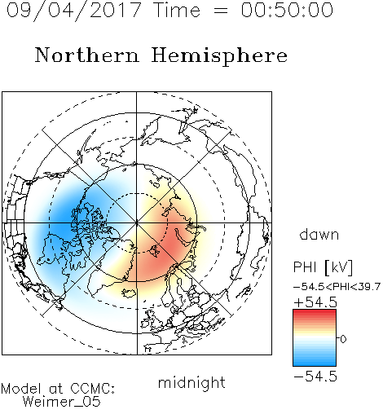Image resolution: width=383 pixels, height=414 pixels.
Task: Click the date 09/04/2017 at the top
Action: (74, 11)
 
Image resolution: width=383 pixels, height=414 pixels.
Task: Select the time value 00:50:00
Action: (287, 10)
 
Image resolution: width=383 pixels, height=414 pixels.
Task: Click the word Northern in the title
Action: (87, 55)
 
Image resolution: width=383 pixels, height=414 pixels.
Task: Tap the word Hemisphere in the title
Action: (219, 56)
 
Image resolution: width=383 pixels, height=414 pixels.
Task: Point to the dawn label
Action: (319, 234)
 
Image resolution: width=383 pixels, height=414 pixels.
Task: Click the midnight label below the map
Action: (191, 383)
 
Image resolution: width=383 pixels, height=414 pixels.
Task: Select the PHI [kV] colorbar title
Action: (324, 267)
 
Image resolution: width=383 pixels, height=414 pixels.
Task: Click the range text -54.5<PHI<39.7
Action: (337, 287)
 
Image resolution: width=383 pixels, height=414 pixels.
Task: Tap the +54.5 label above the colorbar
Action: (315, 302)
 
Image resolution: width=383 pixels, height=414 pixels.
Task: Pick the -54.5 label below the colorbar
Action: (315, 377)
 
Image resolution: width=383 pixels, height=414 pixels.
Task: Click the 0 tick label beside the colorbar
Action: (343, 339)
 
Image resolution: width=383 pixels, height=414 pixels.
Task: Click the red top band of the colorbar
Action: (315, 312)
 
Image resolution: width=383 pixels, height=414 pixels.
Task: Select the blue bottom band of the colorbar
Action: (315, 363)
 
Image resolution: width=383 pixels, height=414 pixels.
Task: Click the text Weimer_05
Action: (62, 402)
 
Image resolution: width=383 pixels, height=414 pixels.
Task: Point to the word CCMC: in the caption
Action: (93, 389)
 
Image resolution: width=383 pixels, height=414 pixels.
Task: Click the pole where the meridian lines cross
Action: (137, 222)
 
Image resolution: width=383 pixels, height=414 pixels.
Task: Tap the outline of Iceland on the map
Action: (129, 293)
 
